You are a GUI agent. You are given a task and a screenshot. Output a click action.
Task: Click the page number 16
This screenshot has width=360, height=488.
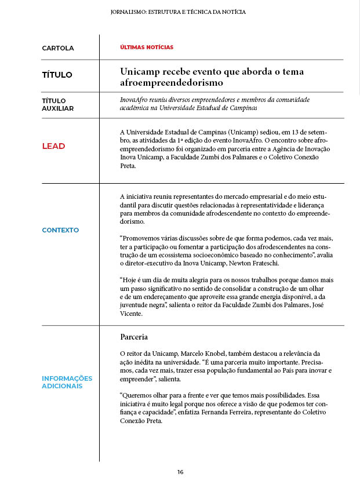[x=180, y=472]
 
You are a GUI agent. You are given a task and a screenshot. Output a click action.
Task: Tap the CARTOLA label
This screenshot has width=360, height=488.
[x=58, y=48]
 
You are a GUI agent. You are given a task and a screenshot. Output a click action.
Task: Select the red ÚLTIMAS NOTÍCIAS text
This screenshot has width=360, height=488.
[x=146, y=47]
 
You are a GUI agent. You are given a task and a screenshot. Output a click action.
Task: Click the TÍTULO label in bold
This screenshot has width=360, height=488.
[x=57, y=75]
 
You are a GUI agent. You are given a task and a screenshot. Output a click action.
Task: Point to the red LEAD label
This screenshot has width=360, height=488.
[x=53, y=146]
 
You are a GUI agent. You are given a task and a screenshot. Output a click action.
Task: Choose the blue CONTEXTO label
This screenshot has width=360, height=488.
[x=60, y=230]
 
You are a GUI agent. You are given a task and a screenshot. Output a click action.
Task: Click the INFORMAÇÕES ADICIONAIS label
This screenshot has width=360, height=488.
[x=67, y=382]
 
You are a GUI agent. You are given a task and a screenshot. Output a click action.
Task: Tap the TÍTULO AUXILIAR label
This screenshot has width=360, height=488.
[x=58, y=104]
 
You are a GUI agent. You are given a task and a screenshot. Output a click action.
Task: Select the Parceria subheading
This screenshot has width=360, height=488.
[x=134, y=337]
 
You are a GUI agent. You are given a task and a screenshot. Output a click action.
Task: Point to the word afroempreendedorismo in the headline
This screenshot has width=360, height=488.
[x=164, y=83]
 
